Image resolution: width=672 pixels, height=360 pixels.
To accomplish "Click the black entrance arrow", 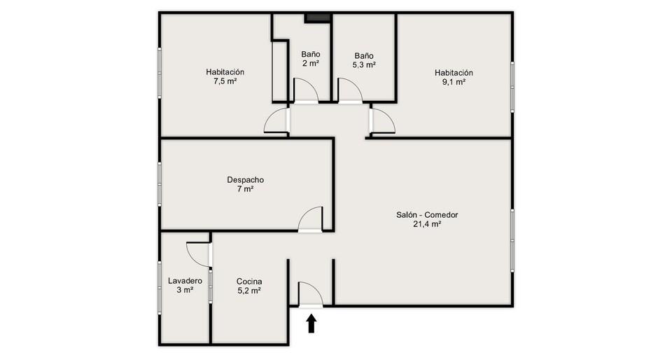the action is pos(311,324).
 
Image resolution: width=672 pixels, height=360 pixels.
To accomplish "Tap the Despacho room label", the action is pos(245,180).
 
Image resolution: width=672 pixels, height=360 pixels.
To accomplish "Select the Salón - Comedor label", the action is pos(427,215).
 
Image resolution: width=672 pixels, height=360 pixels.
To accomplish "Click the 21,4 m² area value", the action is pos(427,223).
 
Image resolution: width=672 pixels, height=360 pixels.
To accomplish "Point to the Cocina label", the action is pos(249,282).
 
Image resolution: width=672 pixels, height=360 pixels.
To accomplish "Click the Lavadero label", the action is pos(185,281).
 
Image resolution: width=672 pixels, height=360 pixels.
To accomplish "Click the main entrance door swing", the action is pos(310,294).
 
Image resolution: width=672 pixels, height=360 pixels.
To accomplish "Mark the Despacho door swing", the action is pos(310,219).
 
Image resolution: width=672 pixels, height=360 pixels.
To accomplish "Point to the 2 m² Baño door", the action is pos(306,90).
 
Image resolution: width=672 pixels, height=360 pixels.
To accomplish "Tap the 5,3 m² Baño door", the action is pos(351,90).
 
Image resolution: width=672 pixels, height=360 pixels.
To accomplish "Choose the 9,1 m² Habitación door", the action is pos(382,121).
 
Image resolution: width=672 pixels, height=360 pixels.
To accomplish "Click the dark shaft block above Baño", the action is pos(318,18).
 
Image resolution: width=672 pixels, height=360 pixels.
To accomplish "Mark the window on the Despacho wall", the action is pos(160,184).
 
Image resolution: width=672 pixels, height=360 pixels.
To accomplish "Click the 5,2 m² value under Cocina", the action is pos(249,291).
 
